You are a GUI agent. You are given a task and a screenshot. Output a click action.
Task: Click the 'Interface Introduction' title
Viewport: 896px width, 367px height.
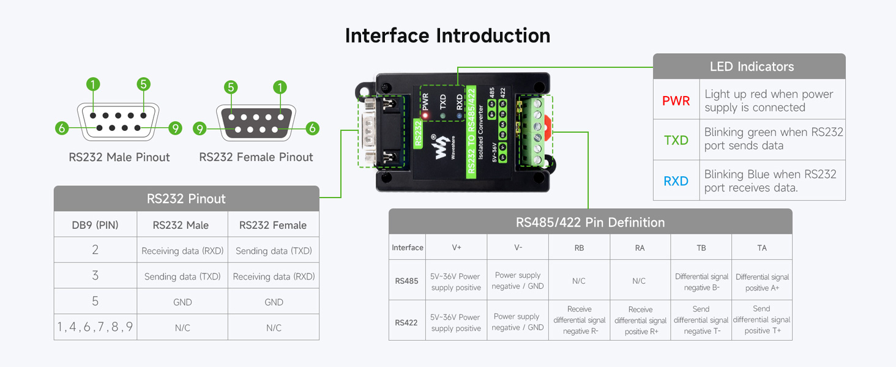447,35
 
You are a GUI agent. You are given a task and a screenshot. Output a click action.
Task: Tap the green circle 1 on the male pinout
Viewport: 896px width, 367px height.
93,84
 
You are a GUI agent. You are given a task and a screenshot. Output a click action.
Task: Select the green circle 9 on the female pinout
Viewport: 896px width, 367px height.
200,128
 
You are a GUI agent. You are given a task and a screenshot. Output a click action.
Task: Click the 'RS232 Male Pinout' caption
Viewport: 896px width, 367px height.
119,157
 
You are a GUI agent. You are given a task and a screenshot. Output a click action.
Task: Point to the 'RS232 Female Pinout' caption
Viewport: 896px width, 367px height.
256,157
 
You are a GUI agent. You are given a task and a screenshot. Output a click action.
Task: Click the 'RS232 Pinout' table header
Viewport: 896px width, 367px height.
186,199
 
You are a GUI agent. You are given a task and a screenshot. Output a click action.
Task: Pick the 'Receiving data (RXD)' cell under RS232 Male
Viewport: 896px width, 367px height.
182,251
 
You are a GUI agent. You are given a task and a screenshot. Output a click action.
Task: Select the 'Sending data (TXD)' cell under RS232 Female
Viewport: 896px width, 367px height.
274,251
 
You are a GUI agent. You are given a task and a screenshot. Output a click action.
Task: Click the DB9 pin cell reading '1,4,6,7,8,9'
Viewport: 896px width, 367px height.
95,327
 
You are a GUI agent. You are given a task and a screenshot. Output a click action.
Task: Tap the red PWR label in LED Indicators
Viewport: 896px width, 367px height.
676,101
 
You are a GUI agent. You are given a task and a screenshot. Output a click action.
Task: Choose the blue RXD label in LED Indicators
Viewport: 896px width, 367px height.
676,181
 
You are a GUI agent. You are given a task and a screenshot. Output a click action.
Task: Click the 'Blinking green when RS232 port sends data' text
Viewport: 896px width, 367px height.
773,139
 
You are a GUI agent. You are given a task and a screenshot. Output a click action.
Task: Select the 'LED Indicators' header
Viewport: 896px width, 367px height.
752,67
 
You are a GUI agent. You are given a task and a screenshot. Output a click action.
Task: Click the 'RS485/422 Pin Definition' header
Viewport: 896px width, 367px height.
590,222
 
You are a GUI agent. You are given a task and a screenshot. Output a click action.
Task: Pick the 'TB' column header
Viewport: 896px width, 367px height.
701,248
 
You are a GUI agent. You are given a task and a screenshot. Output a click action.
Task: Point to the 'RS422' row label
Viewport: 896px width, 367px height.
406,322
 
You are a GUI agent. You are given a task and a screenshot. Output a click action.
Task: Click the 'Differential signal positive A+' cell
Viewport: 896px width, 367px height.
762,282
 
